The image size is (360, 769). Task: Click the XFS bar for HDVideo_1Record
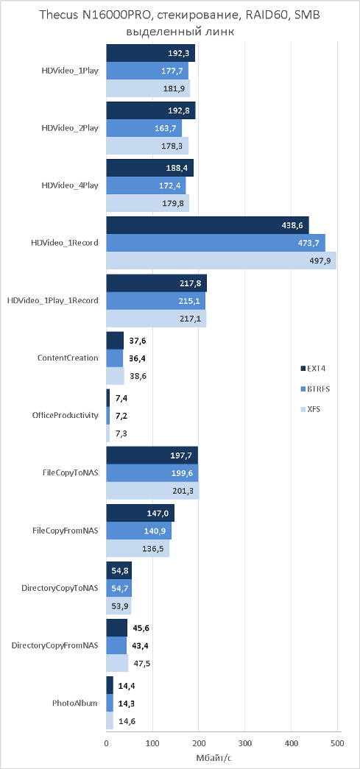point(221,261)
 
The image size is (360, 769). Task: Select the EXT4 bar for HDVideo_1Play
point(151,53)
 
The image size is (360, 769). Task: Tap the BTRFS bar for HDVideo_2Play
point(144,129)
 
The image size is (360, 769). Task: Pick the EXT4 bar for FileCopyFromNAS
point(141,512)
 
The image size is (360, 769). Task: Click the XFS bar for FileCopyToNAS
point(153,490)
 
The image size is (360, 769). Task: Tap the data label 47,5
point(141,664)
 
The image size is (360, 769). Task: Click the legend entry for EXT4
point(312,369)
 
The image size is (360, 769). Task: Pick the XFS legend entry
point(311,409)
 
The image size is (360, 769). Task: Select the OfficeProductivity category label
point(66,416)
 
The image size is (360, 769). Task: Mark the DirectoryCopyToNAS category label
point(60,588)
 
